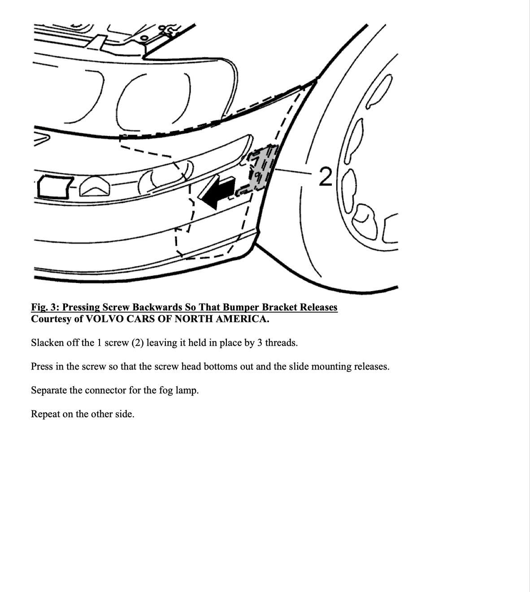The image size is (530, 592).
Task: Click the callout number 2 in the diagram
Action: click(326, 176)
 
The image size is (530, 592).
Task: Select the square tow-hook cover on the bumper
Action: click(53, 187)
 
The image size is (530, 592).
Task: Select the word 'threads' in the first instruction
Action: click(280, 343)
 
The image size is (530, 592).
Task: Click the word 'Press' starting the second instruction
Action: click(42, 366)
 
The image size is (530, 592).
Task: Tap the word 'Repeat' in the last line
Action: click(45, 414)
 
